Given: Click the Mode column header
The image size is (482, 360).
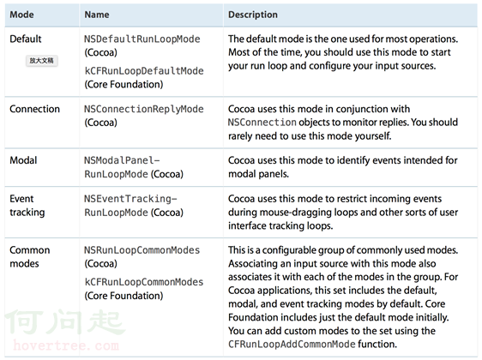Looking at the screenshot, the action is point(21,15).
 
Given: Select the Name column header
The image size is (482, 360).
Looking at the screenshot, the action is point(97,15).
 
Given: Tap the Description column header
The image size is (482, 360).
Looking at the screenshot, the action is point(253,15).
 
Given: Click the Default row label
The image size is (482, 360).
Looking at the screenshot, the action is point(26,39).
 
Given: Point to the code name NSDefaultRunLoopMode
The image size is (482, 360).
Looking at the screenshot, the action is point(142,39).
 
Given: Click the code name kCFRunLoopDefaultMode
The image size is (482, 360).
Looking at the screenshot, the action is point(144,71).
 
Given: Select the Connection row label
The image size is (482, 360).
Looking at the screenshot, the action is point(35,109).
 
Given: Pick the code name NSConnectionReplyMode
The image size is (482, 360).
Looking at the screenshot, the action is point(144,109).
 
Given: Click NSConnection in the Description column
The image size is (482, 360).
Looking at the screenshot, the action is point(262,123).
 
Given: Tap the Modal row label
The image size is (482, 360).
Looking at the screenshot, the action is point(23,160).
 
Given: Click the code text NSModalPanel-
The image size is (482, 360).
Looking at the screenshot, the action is point(122,160).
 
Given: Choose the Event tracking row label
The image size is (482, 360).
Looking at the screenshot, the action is point(27,206).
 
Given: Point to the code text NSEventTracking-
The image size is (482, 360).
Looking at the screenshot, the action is point(130,199).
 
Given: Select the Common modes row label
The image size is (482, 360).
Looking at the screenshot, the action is point(30,257).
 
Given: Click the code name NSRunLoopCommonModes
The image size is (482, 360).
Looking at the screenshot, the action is point(142,250).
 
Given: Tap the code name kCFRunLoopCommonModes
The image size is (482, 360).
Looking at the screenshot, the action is point(144,282).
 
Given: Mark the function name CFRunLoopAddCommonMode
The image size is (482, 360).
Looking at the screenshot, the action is point(292,344).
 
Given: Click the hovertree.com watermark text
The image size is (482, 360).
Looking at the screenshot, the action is point(66,346).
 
